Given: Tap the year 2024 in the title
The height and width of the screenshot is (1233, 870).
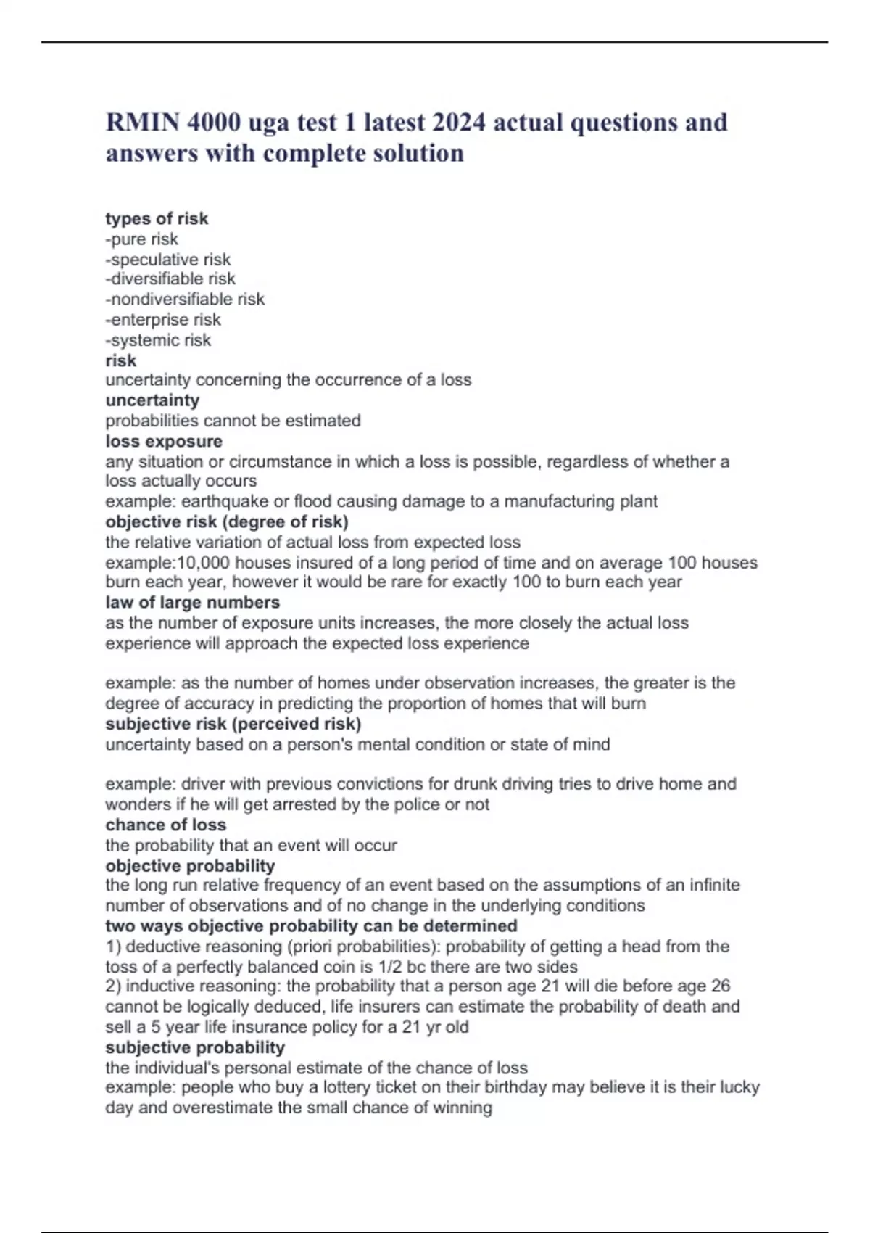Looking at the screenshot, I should coord(458,123).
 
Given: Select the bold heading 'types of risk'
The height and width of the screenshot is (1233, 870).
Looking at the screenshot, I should coord(157,218).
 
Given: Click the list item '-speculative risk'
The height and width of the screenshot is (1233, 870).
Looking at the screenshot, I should coord(168,259).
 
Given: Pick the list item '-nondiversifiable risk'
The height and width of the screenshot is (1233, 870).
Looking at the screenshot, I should coord(185,299).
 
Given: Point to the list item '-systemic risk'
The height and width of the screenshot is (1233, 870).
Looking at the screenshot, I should coord(158,339).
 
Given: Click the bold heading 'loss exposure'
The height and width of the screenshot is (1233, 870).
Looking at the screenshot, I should coord(164,441).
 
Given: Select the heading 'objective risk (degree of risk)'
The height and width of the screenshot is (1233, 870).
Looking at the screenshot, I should coord(227,521).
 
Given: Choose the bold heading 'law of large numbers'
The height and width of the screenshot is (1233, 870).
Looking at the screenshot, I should coord(192,602).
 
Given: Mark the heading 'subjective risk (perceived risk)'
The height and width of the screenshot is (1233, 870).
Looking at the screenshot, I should coord(233,724).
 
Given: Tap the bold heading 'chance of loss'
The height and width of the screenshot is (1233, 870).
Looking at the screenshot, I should coord(165,825).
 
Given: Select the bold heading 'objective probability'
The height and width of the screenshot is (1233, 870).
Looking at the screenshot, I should coord(190,865).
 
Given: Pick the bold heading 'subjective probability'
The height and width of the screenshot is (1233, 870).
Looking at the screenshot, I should coord(195,1047).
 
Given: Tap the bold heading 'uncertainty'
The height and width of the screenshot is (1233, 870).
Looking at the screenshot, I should coord(152,400).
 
